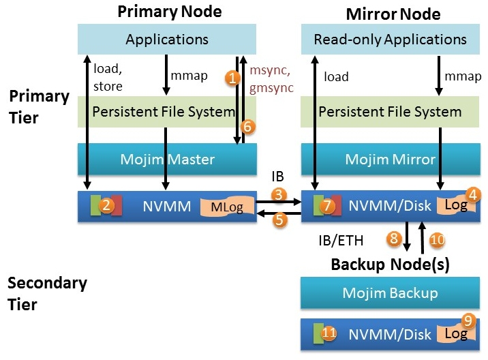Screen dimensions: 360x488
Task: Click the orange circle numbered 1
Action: click(x=232, y=78)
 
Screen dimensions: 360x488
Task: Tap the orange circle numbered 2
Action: click(x=106, y=204)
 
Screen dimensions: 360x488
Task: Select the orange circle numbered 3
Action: click(x=279, y=195)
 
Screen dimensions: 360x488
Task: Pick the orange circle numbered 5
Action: click(x=279, y=220)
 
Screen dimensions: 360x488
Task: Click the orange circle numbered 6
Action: click(x=247, y=125)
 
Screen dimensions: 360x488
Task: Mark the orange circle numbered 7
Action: click(x=328, y=205)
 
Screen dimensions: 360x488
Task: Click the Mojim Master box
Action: click(x=168, y=160)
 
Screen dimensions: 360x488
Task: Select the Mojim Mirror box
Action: click(x=391, y=160)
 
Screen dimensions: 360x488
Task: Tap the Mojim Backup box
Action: click(x=391, y=293)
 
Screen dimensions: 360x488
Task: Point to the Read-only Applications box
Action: click(x=391, y=39)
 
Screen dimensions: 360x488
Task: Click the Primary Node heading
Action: click(x=170, y=12)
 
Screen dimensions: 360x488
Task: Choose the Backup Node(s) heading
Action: click(x=390, y=264)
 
